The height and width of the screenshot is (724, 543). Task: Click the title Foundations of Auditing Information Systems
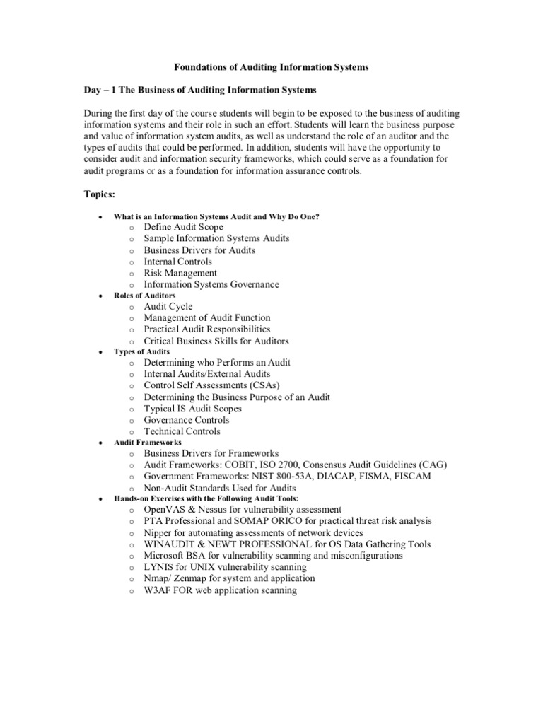pos(271,67)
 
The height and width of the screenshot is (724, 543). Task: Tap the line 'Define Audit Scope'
pos(183,227)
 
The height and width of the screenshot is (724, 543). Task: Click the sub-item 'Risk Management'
pos(180,273)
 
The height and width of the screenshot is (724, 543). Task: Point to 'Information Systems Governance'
pos(211,284)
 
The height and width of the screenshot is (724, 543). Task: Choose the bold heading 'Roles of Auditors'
pos(145,295)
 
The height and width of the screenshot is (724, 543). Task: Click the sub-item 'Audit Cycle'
pos(168,306)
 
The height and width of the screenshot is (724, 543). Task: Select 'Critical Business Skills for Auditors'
pos(216,341)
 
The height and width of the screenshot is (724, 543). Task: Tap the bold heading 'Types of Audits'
pos(141,351)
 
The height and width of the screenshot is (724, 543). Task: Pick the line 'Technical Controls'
pos(182,431)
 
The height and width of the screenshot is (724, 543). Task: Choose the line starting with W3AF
pos(220,590)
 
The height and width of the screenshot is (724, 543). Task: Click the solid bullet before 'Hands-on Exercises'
pos(101,499)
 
